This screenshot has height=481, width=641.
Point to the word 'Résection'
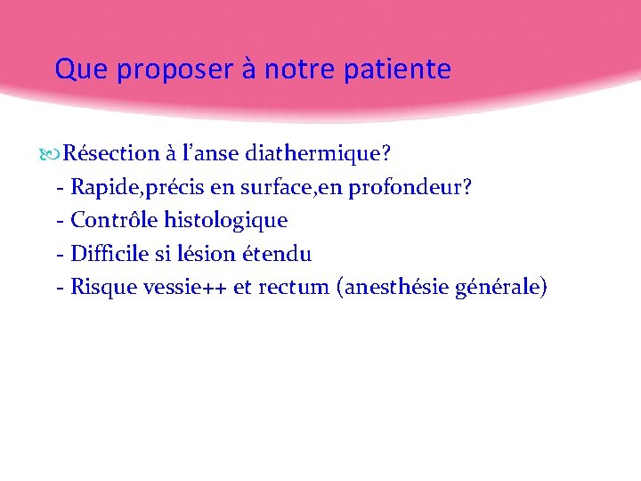click(x=111, y=153)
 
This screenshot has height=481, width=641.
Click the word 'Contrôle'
click(x=111, y=220)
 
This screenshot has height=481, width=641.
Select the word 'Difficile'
click(x=110, y=254)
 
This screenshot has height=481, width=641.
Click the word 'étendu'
click(x=277, y=254)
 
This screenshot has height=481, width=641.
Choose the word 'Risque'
click(x=100, y=287)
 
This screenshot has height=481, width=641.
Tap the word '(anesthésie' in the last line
click(x=393, y=287)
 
